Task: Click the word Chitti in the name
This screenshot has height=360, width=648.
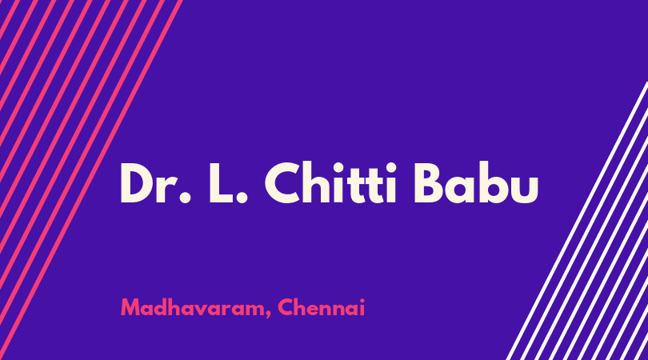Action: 330,182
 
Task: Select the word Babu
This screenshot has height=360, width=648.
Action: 476,182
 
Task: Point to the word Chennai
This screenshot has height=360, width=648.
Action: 321,307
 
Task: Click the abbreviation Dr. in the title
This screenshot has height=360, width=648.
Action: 156,182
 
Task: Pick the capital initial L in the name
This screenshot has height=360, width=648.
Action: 220,182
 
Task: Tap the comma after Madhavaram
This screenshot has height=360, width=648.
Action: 268,314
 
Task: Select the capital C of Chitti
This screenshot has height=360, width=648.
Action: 283,182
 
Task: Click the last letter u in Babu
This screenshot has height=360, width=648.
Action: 525,189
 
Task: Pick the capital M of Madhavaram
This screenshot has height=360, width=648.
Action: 130,307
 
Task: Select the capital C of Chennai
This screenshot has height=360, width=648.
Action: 286,307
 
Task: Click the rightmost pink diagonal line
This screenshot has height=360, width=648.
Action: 90,180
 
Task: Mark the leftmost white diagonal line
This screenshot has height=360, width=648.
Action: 578,220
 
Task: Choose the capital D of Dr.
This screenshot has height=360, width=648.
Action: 138,182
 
